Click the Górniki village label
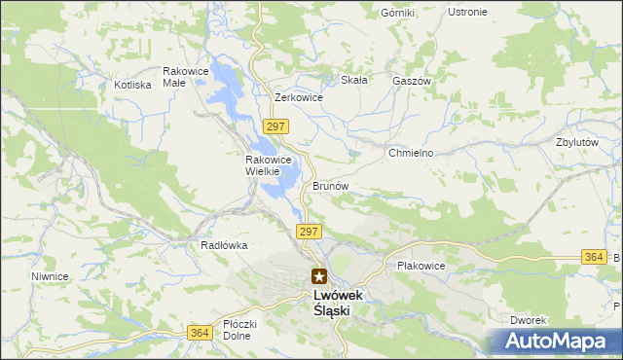point(398,13)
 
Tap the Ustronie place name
point(467,12)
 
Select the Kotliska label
point(132,85)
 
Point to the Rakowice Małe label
point(187,77)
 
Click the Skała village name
point(353,80)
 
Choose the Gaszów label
point(411,81)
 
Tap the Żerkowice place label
point(299,97)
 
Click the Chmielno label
point(410,154)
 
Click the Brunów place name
point(331,185)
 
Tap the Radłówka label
point(224,245)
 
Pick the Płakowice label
point(421,266)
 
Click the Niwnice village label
point(49,276)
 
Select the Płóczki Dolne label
point(238,330)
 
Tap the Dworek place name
point(531,320)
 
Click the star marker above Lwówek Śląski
point(319,276)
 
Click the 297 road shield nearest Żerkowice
point(275,126)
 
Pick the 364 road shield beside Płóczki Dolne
point(200,333)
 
